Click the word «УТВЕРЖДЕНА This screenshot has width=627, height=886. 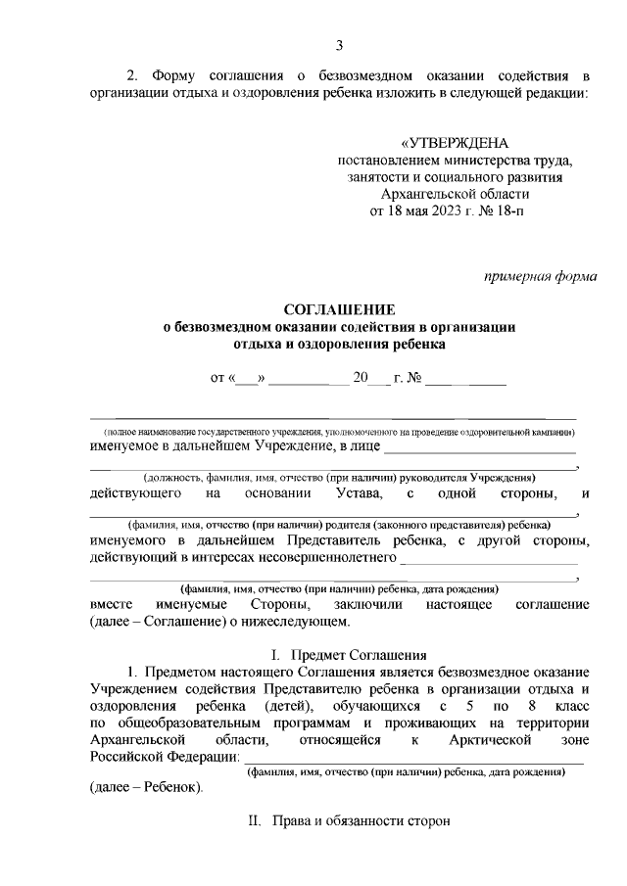pyautogui.click(x=454, y=144)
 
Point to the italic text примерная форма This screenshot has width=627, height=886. pyautogui.click(x=541, y=276)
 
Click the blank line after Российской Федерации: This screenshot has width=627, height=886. pyautogui.click(x=411, y=757)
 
